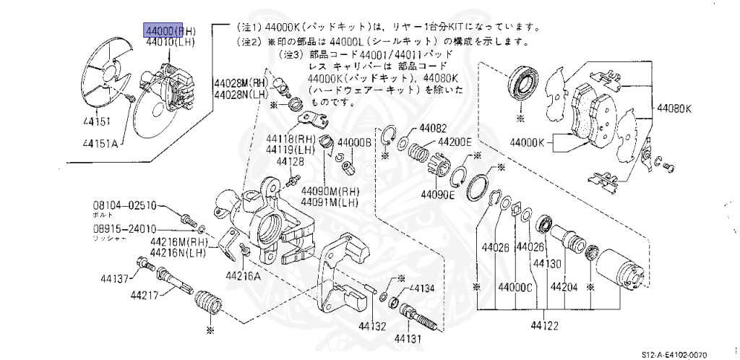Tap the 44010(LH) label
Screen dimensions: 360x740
(x=170, y=43)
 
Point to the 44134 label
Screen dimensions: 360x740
(x=423, y=288)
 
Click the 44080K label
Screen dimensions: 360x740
(x=674, y=109)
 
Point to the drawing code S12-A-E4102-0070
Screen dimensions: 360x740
(x=691, y=354)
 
